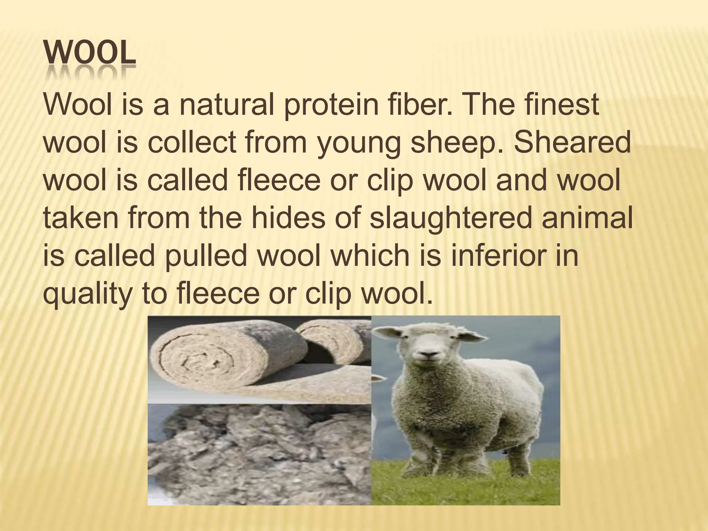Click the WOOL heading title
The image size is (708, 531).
pyautogui.click(x=90, y=55)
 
